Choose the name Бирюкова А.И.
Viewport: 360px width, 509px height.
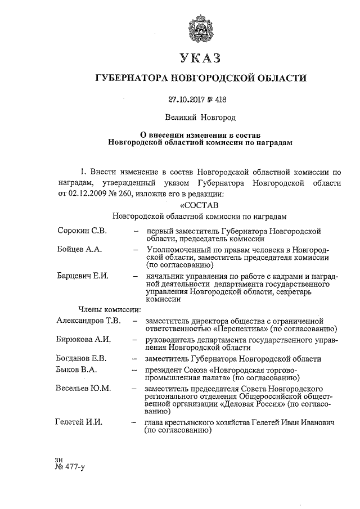(84, 340)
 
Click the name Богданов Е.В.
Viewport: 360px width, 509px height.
(82, 358)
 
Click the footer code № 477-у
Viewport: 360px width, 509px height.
(69, 466)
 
